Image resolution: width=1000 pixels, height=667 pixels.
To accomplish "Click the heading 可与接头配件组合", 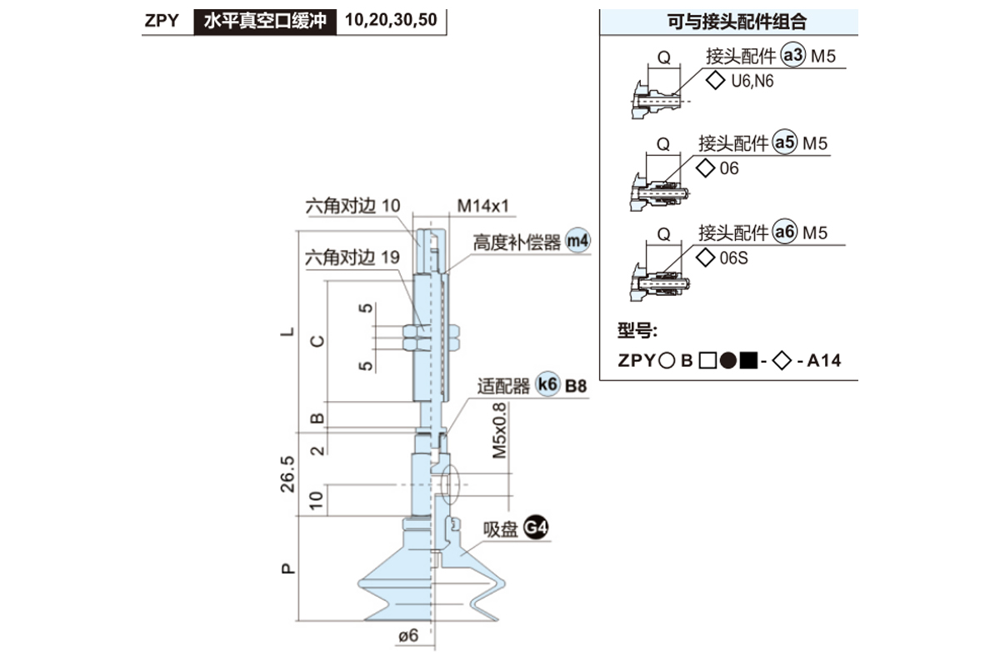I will click(x=730, y=22).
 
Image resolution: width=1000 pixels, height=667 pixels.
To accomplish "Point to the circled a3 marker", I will click(x=792, y=57).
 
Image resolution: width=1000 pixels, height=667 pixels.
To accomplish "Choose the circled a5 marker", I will click(x=784, y=143).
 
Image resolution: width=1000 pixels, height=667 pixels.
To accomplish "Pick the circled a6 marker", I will click(x=784, y=233).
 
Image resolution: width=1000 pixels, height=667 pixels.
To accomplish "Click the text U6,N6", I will click(x=752, y=81).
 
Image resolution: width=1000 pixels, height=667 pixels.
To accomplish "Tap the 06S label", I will click(x=733, y=258).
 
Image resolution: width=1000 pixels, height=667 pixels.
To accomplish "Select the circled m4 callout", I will click(x=577, y=242).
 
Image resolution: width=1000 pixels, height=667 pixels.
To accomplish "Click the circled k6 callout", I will click(x=547, y=386).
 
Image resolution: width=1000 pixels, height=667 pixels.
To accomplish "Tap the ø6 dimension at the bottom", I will click(x=407, y=635).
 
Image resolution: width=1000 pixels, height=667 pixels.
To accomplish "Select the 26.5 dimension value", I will click(x=287, y=474).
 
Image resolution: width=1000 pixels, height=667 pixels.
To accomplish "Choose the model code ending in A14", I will click(x=729, y=361).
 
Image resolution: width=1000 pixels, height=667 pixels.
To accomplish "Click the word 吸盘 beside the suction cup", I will click(x=501, y=530).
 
